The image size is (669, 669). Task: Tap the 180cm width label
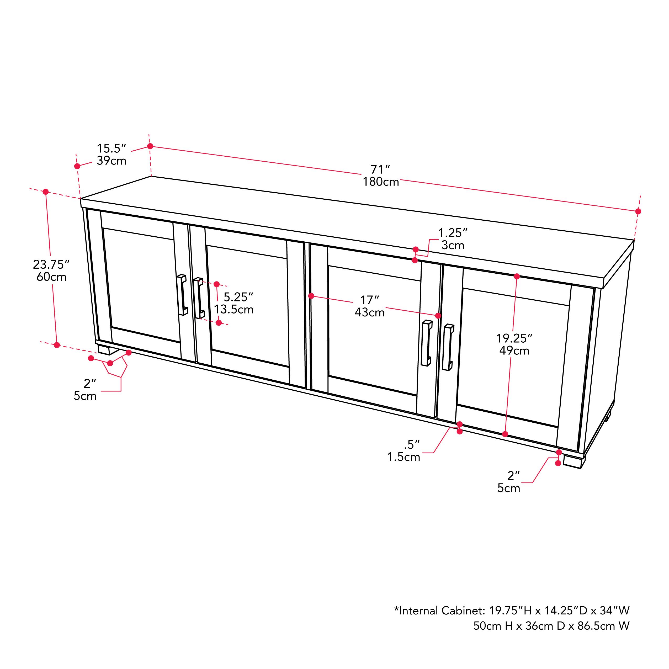coord(381,182)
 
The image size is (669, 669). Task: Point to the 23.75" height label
coord(51,264)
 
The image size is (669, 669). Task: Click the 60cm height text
coord(51,277)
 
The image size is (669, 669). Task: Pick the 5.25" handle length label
coord(238,297)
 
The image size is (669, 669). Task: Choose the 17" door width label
coord(369,300)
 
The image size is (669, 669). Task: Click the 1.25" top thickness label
coord(453,233)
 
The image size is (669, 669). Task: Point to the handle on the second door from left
coord(199,298)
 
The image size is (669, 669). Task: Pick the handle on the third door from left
coord(427,343)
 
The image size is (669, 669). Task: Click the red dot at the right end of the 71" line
coord(638,211)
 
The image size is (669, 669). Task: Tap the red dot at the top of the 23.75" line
coord(45,192)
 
